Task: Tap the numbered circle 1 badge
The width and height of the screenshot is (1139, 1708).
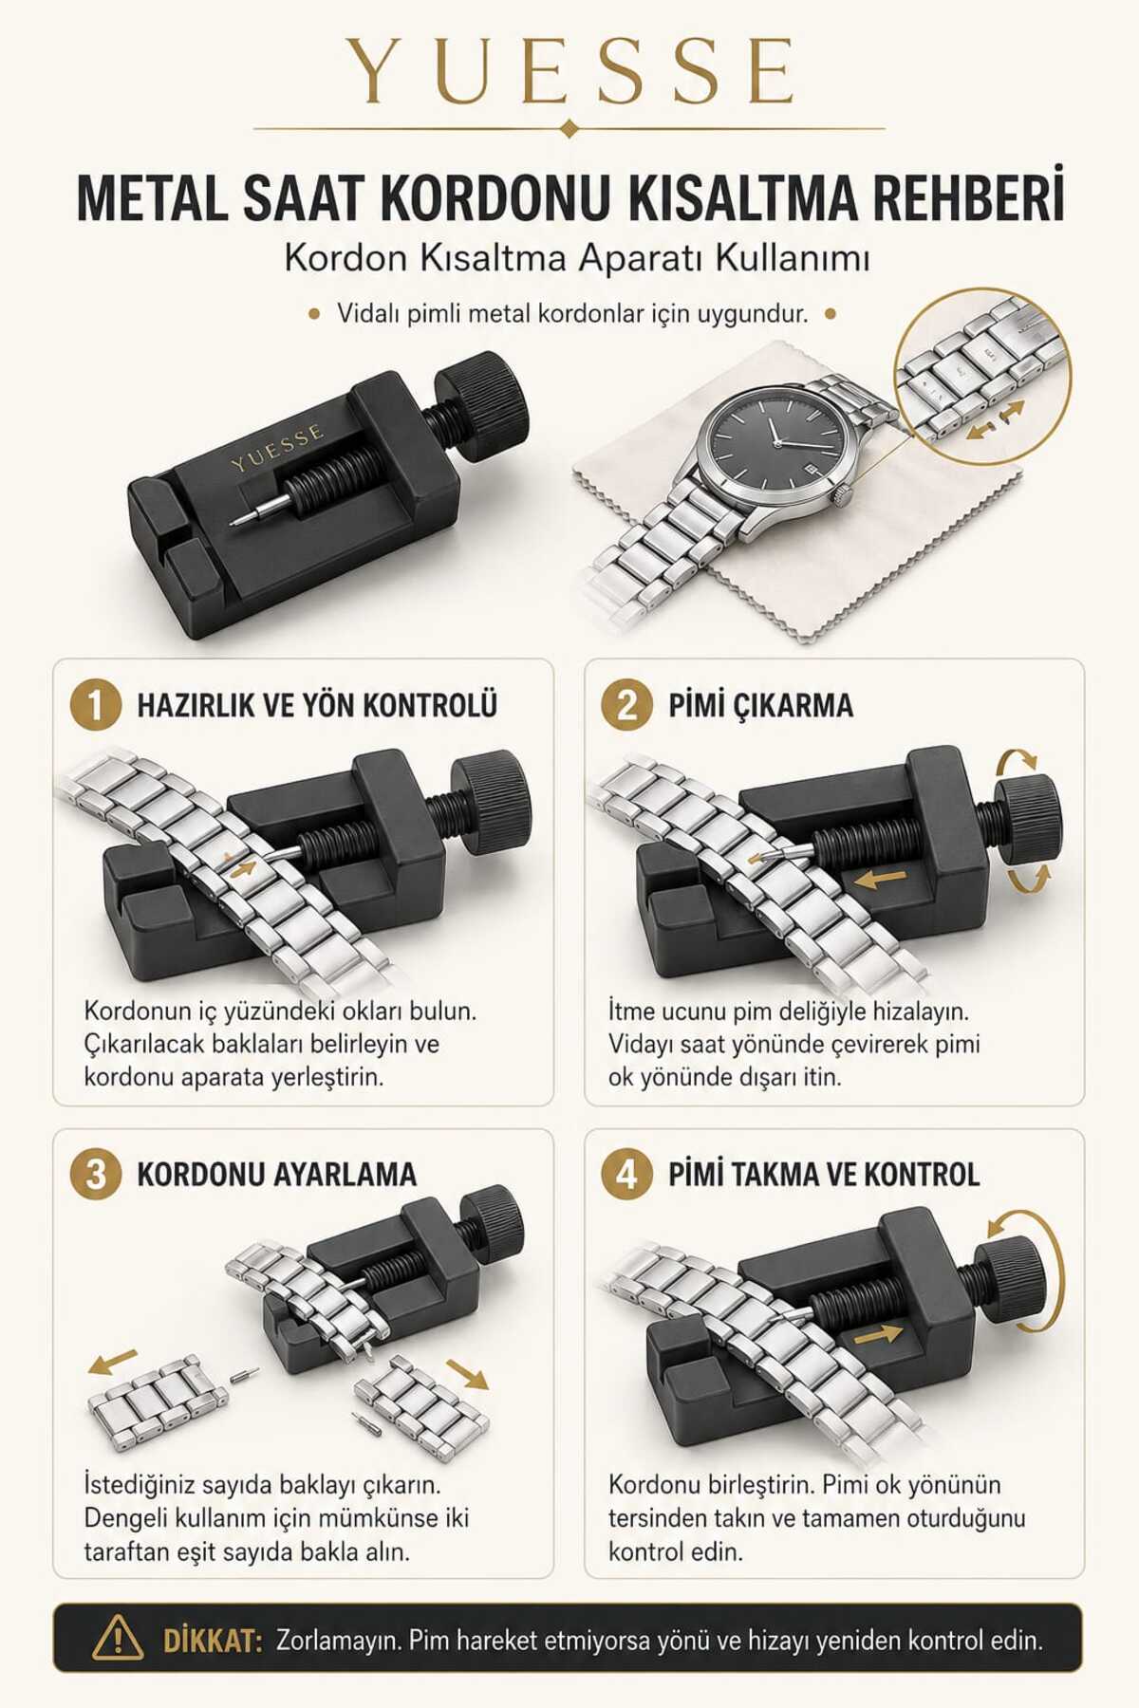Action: tap(96, 706)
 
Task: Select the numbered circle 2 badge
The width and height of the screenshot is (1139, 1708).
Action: tap(627, 706)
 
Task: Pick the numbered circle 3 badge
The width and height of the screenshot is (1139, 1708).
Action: tap(96, 1175)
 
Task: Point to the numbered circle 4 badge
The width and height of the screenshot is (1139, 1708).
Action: tap(627, 1175)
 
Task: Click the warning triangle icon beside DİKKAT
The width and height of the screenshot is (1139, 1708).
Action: tap(119, 1639)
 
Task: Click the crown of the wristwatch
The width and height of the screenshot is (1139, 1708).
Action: tap(840, 493)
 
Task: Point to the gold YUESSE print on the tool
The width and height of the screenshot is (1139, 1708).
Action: tap(277, 448)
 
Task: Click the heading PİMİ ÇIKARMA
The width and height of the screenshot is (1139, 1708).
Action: tap(760, 706)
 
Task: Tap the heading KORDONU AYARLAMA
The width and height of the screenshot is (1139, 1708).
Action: tap(277, 1175)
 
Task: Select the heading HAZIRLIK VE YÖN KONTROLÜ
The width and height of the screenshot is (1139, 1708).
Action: tap(317, 706)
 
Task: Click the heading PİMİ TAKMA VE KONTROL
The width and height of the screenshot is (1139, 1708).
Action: tap(824, 1175)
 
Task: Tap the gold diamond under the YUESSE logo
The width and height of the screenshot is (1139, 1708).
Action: tap(569, 128)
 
